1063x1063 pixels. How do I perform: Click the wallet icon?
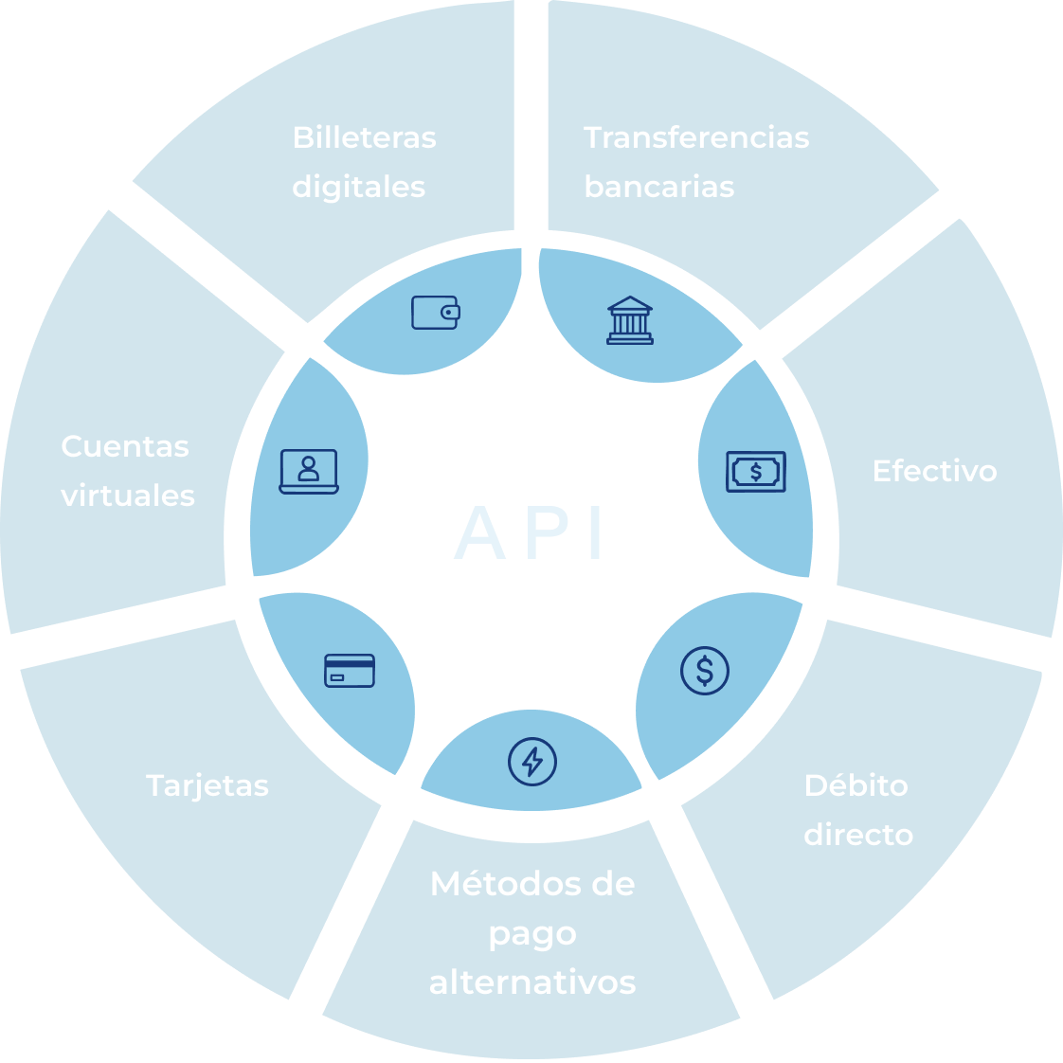coord(436,312)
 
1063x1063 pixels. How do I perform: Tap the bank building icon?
coord(630,320)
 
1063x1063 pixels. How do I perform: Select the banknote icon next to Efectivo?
coord(756,471)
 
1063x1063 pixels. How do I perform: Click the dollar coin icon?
coord(705,671)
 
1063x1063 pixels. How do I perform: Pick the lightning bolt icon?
coord(532,761)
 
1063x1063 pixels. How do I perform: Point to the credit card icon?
coord(350,670)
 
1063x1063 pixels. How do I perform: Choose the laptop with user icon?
coord(309,471)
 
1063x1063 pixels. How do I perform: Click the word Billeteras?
coord(364,137)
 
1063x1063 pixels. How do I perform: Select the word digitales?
coord(358,187)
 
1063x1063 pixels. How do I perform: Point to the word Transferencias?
coord(696,137)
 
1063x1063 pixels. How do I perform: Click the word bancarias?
coord(658,187)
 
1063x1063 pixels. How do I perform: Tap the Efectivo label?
coord(934,471)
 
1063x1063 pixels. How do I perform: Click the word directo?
coord(858,835)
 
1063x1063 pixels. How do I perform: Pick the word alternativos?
coord(532,982)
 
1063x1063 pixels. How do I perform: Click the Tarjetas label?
coord(207,785)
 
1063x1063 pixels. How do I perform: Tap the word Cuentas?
coord(125,446)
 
